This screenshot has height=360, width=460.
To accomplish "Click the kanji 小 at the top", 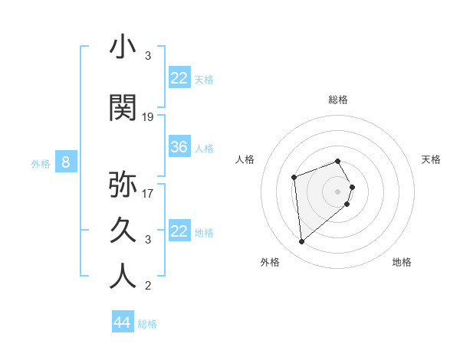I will (x=123, y=47).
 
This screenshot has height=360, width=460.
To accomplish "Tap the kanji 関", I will (x=123, y=108).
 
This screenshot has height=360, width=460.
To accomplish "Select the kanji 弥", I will (x=123, y=185).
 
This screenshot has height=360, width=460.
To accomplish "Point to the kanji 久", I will (x=123, y=230).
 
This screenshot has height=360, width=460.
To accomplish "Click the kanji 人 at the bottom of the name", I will (x=123, y=277).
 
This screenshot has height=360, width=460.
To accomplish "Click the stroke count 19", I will (x=148, y=117).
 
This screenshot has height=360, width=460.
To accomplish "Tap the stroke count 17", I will (x=148, y=193).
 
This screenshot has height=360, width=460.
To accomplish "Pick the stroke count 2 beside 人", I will (x=148, y=286).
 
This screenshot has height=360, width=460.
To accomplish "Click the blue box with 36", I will (x=179, y=147).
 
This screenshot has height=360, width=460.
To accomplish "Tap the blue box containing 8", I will (x=66, y=162).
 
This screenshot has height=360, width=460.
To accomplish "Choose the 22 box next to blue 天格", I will (x=179, y=78).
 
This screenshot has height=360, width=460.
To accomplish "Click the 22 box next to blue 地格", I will (x=179, y=231).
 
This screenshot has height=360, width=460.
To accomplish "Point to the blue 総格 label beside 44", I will (x=147, y=324).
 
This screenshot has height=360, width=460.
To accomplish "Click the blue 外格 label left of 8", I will (x=41, y=163).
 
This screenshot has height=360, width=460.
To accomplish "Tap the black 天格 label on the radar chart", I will (x=431, y=159).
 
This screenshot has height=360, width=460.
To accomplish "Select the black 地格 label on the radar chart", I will (x=402, y=262).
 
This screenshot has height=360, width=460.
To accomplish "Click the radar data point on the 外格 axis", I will (x=302, y=242).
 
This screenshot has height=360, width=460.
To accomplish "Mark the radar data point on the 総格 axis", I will (x=338, y=161).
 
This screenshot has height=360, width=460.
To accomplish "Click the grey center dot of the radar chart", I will (x=338, y=191).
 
